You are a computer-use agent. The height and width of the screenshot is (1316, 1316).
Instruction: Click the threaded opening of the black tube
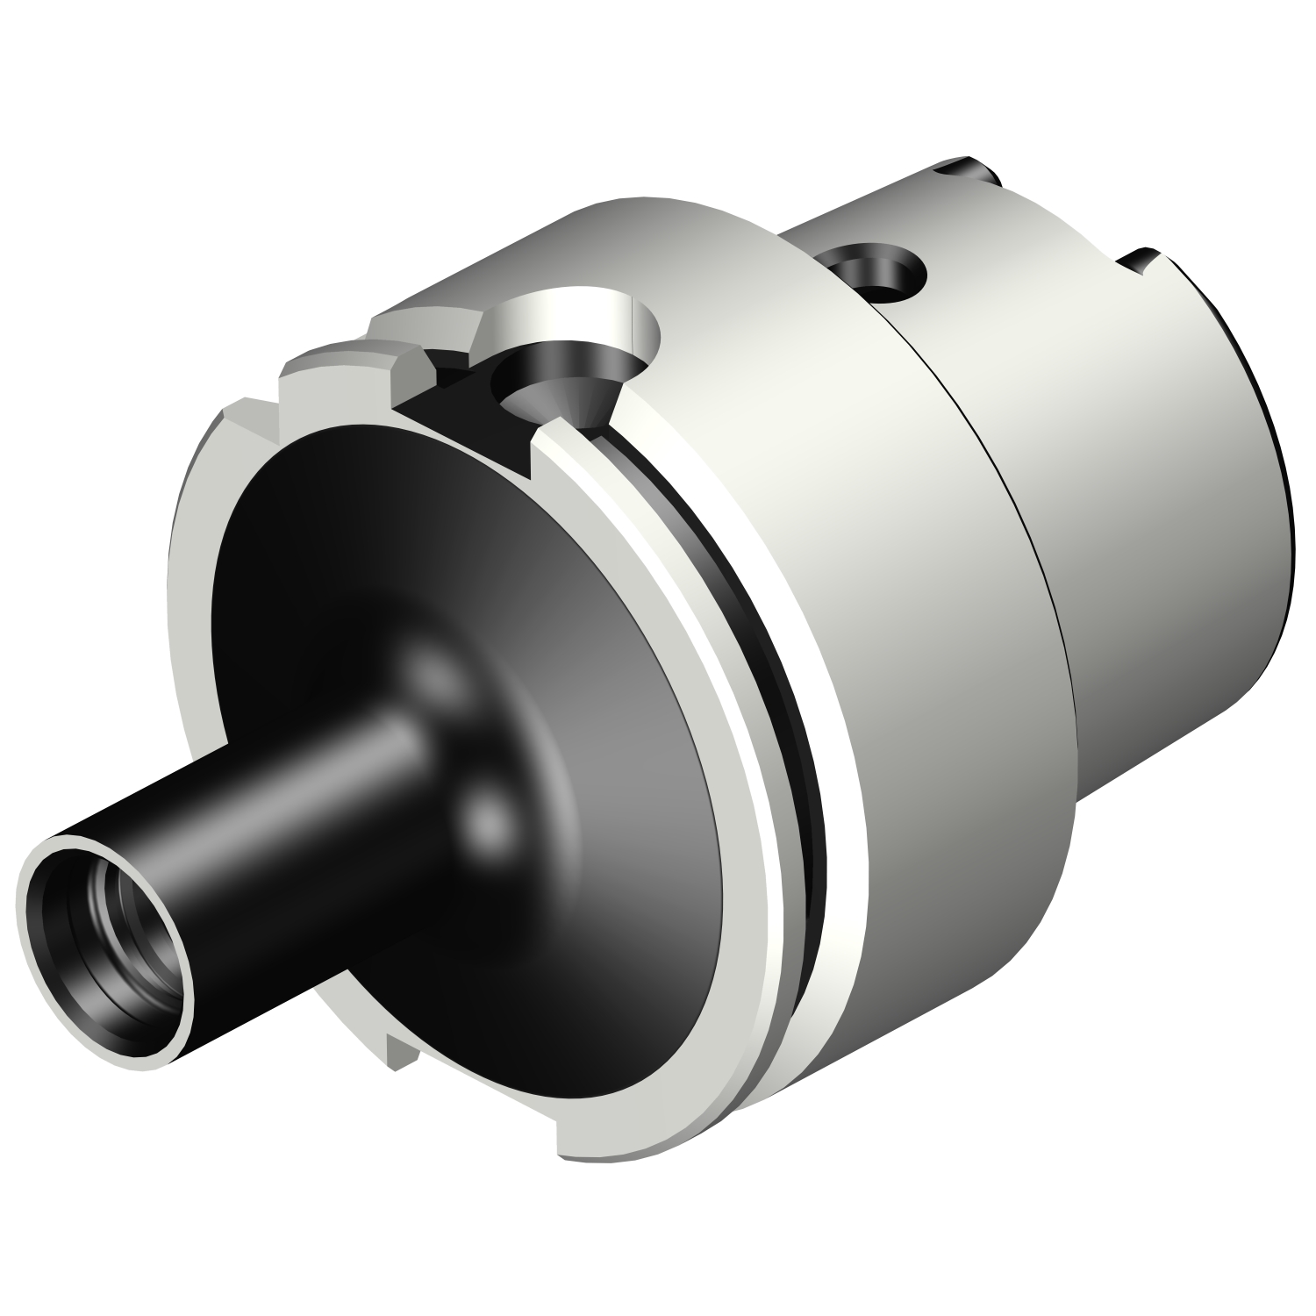(110, 912)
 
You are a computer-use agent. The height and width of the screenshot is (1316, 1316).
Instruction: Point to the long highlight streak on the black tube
(290, 790)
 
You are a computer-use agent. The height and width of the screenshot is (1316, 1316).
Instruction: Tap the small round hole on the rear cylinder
(873, 268)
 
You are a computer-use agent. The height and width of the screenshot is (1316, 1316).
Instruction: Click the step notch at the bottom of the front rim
(561, 1132)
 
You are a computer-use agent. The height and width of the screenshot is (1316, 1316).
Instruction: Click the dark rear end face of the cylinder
(1263, 421)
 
